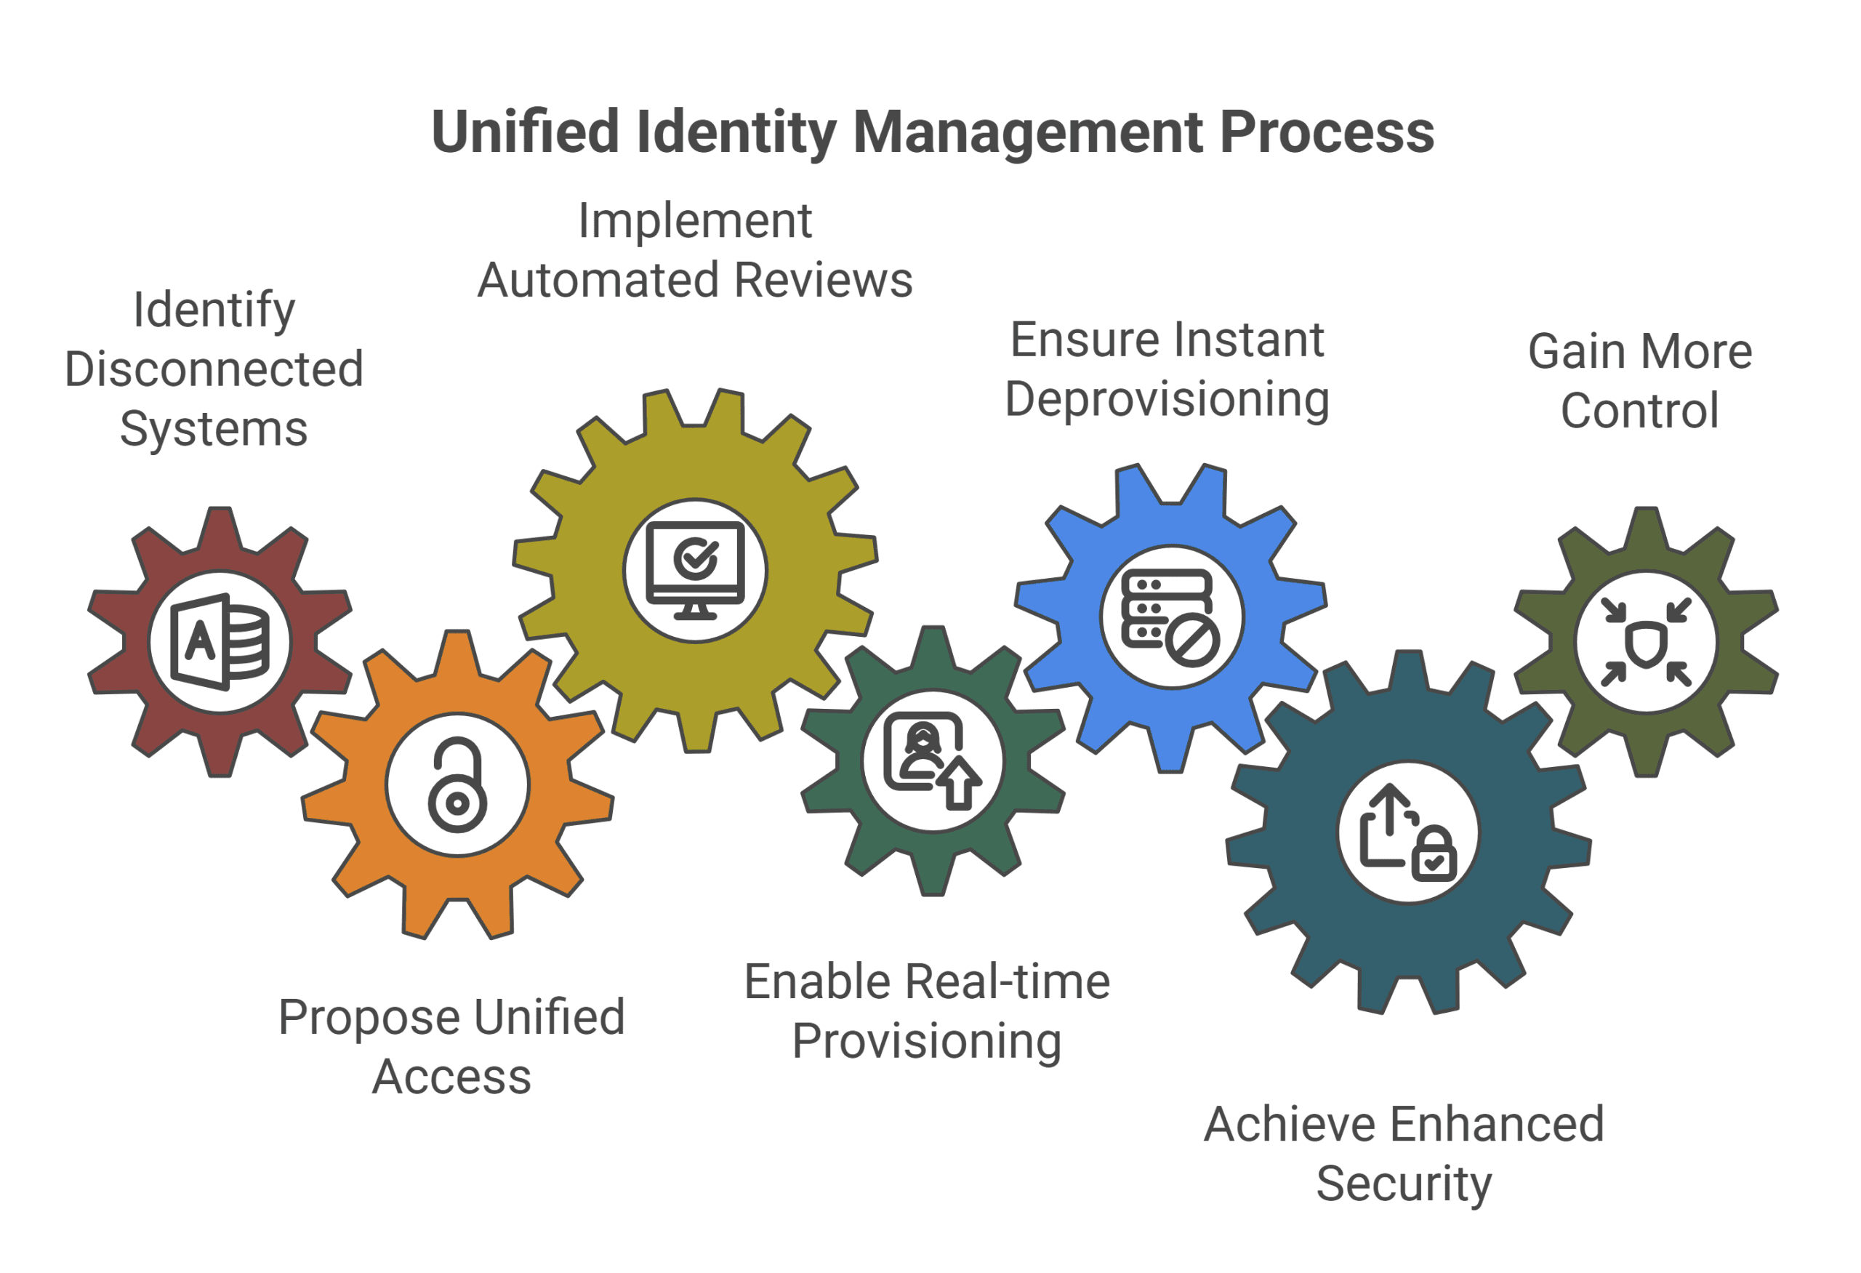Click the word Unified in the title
(x=526, y=132)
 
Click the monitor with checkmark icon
(x=695, y=571)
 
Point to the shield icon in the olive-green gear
(x=1646, y=642)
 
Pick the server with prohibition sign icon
(x=1170, y=617)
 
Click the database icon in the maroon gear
(x=220, y=642)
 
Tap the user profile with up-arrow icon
(x=932, y=761)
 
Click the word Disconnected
(x=214, y=369)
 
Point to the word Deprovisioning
(x=1167, y=400)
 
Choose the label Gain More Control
(x=1639, y=381)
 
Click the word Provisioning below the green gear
(x=926, y=1042)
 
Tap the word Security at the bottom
(x=1404, y=1184)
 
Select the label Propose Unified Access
(x=451, y=1046)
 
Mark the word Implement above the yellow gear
(x=695, y=221)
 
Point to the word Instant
(x=1246, y=340)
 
